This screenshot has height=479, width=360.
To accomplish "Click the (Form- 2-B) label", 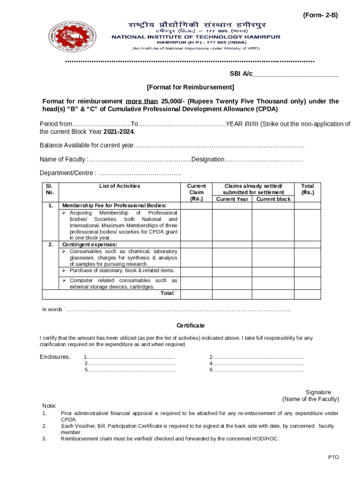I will [x=320, y=15].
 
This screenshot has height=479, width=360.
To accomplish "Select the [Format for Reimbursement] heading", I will [x=190, y=87].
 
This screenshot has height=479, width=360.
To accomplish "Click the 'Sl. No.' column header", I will [x=50, y=189].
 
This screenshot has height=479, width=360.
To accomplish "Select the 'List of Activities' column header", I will [x=120, y=186].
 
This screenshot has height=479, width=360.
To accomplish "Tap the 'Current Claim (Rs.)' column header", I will [x=196, y=192].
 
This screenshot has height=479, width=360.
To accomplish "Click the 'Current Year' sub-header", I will [x=232, y=199].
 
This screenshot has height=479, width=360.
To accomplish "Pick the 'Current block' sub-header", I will [x=274, y=199].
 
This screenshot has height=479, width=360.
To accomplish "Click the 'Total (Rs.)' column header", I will [x=308, y=189].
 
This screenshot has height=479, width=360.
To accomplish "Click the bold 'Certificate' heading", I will [x=190, y=326].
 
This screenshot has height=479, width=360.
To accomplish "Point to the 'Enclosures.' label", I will [x=55, y=357].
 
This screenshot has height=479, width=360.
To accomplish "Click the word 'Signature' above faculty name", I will [x=318, y=392].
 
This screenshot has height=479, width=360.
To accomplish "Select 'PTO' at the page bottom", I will [x=333, y=457].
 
